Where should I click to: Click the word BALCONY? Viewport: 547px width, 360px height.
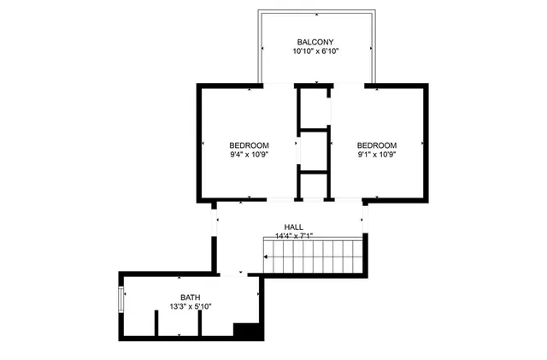click(315, 42)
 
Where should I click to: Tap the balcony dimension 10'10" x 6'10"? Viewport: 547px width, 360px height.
click(315, 52)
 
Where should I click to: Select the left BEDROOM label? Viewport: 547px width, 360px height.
click(249, 145)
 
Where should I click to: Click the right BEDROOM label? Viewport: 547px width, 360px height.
click(377, 145)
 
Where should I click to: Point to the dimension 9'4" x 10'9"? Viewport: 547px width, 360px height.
click(249, 155)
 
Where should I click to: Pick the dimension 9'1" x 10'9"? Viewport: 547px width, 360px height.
click(377, 155)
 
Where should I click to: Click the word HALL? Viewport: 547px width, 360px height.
click(294, 227)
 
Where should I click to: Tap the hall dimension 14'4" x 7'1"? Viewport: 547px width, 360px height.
click(294, 237)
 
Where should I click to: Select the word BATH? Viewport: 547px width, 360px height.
click(191, 298)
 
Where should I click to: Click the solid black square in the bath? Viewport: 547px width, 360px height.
click(247, 331)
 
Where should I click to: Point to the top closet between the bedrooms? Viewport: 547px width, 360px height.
click(314, 107)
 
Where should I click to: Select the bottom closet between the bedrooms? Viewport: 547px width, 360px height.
click(313, 186)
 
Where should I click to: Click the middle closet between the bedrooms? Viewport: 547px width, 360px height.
click(314, 150)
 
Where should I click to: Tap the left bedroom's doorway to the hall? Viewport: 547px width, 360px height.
click(256, 202)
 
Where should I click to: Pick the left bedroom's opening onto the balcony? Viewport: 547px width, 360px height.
click(273, 86)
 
